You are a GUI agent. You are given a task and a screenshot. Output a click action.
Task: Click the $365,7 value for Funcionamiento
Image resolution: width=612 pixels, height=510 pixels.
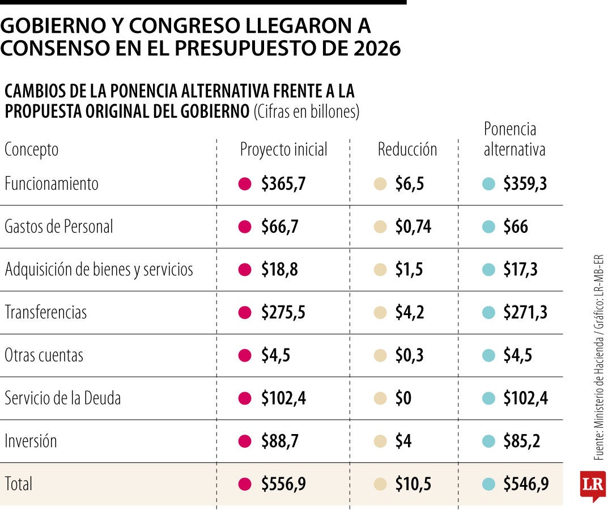point(283,184)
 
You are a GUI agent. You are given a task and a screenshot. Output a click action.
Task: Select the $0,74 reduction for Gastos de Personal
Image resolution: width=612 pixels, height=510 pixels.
point(413,227)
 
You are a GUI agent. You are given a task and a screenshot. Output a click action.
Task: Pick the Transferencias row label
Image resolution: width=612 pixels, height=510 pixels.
point(46,313)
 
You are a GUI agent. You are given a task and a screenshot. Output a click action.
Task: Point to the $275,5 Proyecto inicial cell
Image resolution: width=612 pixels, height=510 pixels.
point(283,313)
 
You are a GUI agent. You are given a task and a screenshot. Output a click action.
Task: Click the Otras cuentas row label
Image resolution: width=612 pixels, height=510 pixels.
point(44,356)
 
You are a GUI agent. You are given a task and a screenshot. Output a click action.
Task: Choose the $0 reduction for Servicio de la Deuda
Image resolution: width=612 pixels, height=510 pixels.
point(403,398)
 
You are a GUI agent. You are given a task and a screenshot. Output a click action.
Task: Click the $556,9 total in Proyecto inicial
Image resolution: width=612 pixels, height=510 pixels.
point(283,484)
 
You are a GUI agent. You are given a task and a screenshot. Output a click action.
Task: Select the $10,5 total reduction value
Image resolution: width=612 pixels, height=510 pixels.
point(413,484)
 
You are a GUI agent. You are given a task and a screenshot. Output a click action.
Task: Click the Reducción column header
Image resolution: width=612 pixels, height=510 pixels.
point(407,150)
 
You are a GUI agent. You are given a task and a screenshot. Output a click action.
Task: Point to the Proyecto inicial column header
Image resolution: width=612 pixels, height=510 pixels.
point(284,150)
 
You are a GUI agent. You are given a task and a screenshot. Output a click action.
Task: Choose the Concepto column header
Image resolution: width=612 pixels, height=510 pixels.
point(32,150)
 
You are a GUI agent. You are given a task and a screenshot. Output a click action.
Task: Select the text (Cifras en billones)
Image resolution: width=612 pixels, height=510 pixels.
point(307,112)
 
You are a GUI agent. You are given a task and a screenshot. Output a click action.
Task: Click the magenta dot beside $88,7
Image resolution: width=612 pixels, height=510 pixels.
point(245,441)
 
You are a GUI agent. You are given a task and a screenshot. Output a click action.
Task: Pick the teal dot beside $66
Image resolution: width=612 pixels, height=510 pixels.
point(488,227)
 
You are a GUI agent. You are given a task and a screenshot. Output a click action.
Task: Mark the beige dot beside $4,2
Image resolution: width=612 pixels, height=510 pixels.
point(381,313)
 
